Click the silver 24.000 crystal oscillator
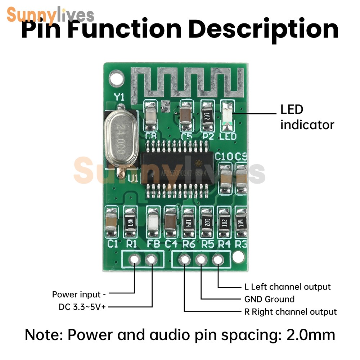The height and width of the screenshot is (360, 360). tap(118, 139)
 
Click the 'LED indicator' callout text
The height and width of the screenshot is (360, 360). tap(307, 117)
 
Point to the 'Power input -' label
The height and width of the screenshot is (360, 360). tap(79, 294)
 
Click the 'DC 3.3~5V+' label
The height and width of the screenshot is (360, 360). tap(83, 307)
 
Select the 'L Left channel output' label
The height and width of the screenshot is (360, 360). tap(287, 287)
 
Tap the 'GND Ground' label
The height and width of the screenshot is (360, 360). tap(269, 299)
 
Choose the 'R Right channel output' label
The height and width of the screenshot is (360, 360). tap(291, 311)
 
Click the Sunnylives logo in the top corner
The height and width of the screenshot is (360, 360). tap(50, 15)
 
